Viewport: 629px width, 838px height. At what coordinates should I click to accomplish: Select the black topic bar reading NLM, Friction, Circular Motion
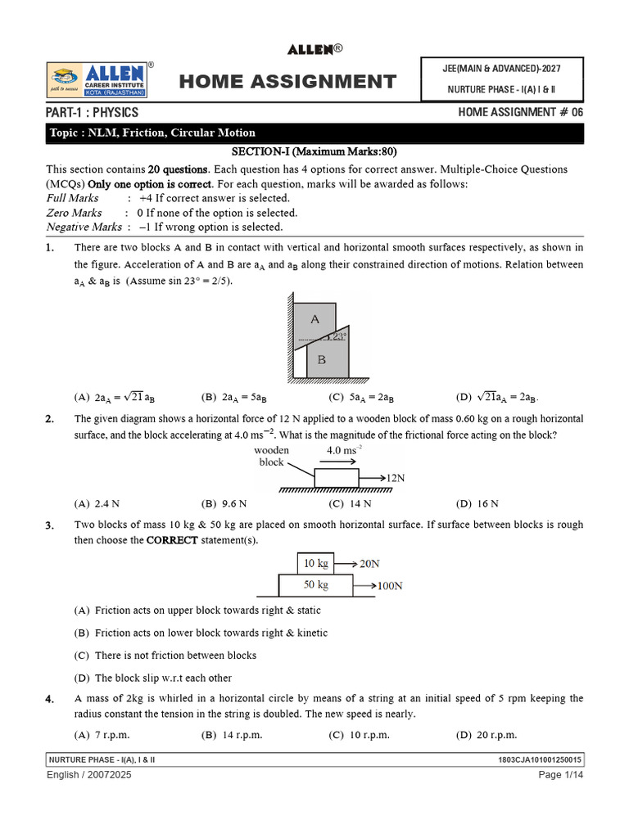point(314,133)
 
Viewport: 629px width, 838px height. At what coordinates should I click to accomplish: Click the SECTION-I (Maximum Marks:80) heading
point(314,152)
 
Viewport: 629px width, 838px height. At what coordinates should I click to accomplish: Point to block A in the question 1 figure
point(316,321)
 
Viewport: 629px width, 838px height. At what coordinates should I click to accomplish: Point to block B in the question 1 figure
point(322,359)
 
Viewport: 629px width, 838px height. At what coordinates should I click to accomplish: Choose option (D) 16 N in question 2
point(477,503)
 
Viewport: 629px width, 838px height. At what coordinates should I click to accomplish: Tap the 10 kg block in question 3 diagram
point(315,563)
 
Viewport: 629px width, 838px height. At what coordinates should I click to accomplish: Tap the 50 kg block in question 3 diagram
point(315,585)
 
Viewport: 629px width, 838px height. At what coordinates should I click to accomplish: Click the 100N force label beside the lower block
point(390,586)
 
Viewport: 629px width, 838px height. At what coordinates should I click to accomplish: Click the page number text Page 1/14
point(560,774)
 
